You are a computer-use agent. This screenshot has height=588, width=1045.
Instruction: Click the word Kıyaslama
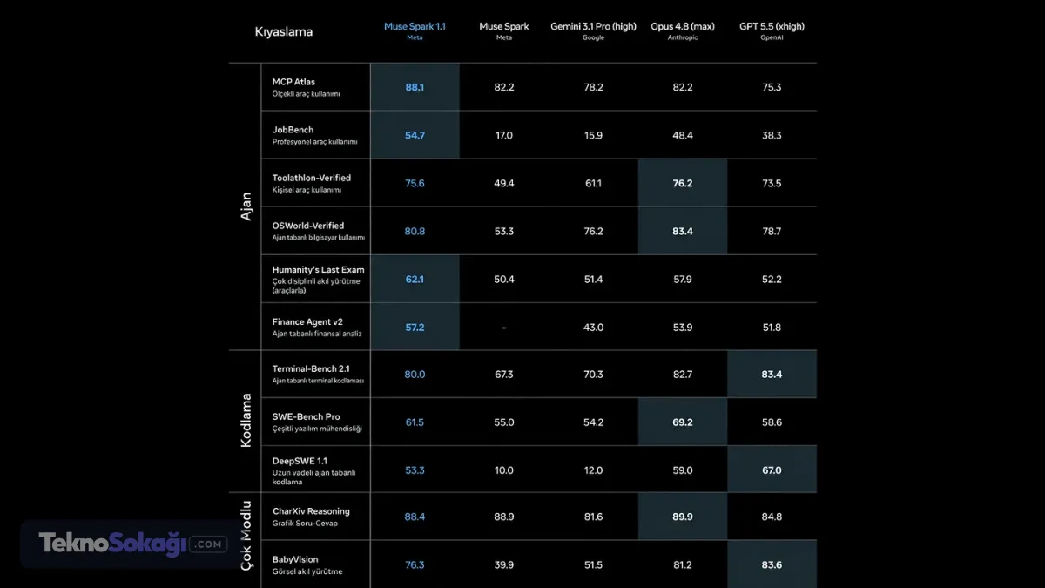click(284, 31)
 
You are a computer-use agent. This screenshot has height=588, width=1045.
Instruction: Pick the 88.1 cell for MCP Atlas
click(415, 87)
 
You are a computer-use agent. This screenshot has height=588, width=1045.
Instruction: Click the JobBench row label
click(293, 130)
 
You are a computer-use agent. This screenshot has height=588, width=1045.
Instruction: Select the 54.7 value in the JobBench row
click(415, 135)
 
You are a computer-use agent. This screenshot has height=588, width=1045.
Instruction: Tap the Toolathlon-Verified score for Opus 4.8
click(682, 184)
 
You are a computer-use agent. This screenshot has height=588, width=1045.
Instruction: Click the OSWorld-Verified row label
click(308, 226)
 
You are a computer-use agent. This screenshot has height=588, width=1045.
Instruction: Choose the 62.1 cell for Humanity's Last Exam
click(415, 280)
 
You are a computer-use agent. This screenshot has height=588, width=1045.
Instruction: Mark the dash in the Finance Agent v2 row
click(504, 328)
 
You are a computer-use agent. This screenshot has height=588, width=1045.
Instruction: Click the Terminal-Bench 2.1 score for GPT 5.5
click(772, 375)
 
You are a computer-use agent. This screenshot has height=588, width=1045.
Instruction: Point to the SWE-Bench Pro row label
click(306, 416)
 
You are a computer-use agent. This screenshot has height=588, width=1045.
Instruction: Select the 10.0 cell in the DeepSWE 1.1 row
click(504, 470)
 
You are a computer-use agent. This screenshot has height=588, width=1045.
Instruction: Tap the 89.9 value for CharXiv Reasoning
click(682, 517)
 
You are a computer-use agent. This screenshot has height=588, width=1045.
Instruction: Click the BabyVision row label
click(295, 559)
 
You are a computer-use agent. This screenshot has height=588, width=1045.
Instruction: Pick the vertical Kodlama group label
click(246, 421)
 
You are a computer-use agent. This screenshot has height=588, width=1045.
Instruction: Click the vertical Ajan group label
click(246, 206)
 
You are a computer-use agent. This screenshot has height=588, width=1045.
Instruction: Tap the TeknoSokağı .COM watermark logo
click(133, 544)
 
